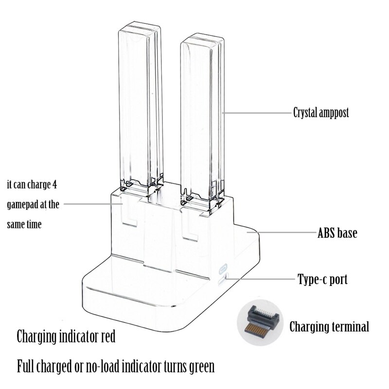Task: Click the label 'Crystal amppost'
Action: click(321, 113)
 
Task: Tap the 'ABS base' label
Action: click(337, 233)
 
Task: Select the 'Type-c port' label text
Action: click(322, 280)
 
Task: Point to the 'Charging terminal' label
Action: click(329, 326)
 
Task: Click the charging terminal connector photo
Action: click(260, 322)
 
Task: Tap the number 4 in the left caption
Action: click(54, 185)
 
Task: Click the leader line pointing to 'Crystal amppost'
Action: click(257, 113)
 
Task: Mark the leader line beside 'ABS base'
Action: click(281, 233)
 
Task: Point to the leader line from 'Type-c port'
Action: click(261, 279)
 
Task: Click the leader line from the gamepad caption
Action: click(93, 204)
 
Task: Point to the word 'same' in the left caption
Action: click(16, 225)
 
